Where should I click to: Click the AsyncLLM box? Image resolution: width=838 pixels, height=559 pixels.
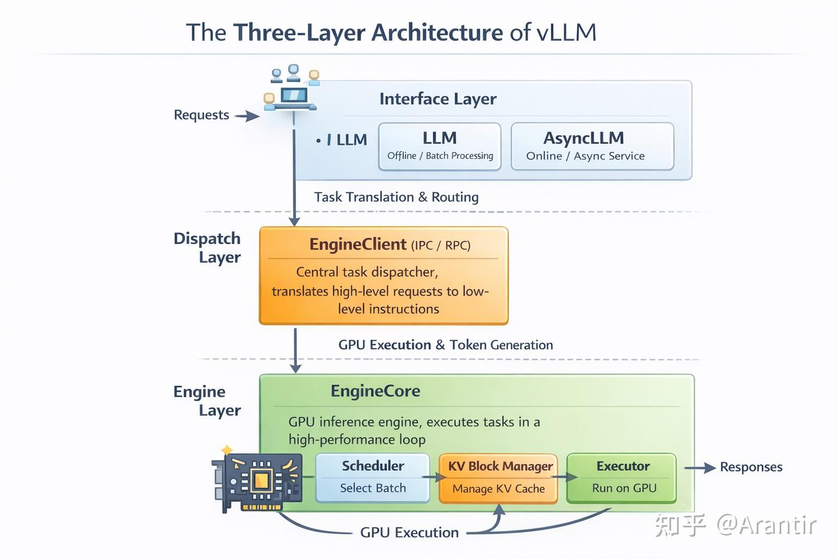click(x=592, y=146)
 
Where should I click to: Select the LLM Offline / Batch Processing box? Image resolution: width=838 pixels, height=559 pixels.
click(x=439, y=146)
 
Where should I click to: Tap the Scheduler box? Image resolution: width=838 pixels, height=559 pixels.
click(x=372, y=477)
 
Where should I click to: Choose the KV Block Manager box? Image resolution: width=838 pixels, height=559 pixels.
click(x=498, y=478)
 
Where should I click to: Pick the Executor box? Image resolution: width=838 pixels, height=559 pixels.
click(x=622, y=477)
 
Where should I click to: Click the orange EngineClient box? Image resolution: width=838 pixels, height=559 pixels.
click(x=384, y=275)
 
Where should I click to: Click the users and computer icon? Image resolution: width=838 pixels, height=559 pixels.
click(x=293, y=89)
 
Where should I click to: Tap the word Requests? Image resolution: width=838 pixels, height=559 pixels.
click(x=201, y=115)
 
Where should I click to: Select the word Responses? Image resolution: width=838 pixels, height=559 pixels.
click(x=751, y=467)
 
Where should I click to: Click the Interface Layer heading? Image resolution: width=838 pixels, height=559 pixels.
click(x=438, y=99)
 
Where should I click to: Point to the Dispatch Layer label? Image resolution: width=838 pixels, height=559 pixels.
click(x=208, y=247)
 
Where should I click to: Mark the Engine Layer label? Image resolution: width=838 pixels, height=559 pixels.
click(x=208, y=401)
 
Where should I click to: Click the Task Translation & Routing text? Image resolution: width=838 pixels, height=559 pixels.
click(x=396, y=197)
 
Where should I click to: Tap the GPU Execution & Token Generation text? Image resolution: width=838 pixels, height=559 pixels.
click(x=445, y=345)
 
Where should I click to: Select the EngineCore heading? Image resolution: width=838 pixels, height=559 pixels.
click(x=375, y=391)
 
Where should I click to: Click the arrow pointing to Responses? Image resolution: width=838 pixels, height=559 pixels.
click(x=699, y=468)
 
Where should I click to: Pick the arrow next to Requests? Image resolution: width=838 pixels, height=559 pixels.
click(x=247, y=116)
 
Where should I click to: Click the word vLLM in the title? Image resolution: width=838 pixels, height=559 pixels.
click(x=566, y=32)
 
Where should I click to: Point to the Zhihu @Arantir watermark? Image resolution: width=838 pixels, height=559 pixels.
click(x=735, y=525)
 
